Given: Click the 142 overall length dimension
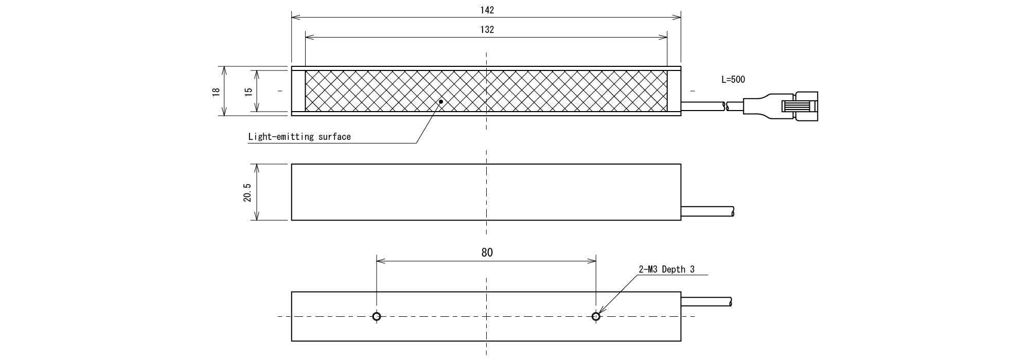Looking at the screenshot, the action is pyautogui.click(x=487, y=10).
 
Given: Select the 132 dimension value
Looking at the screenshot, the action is pyautogui.click(x=487, y=30).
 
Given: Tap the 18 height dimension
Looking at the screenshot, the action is pyautogui.click(x=216, y=91).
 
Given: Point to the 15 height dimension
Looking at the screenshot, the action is pyautogui.click(x=249, y=91).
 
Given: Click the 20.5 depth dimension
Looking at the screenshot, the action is pyautogui.click(x=248, y=192).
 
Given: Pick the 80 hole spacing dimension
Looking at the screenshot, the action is pyautogui.click(x=487, y=253).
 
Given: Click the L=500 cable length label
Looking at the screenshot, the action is pyautogui.click(x=733, y=80).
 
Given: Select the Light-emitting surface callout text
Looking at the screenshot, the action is pyautogui.click(x=299, y=137).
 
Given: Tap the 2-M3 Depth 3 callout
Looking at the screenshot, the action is pyautogui.click(x=667, y=269).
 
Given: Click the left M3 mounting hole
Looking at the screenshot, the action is pyautogui.click(x=377, y=316).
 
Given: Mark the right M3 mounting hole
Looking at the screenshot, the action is pyautogui.click(x=596, y=316).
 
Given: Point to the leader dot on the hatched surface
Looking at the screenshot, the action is pyautogui.click(x=441, y=102).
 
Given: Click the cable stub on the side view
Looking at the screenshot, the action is pyautogui.click(x=708, y=211).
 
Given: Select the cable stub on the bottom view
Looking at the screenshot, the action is pyautogui.click(x=707, y=301).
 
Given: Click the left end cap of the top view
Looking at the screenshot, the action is pyautogui.click(x=298, y=91).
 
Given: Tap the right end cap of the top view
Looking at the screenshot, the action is pyautogui.click(x=674, y=91).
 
